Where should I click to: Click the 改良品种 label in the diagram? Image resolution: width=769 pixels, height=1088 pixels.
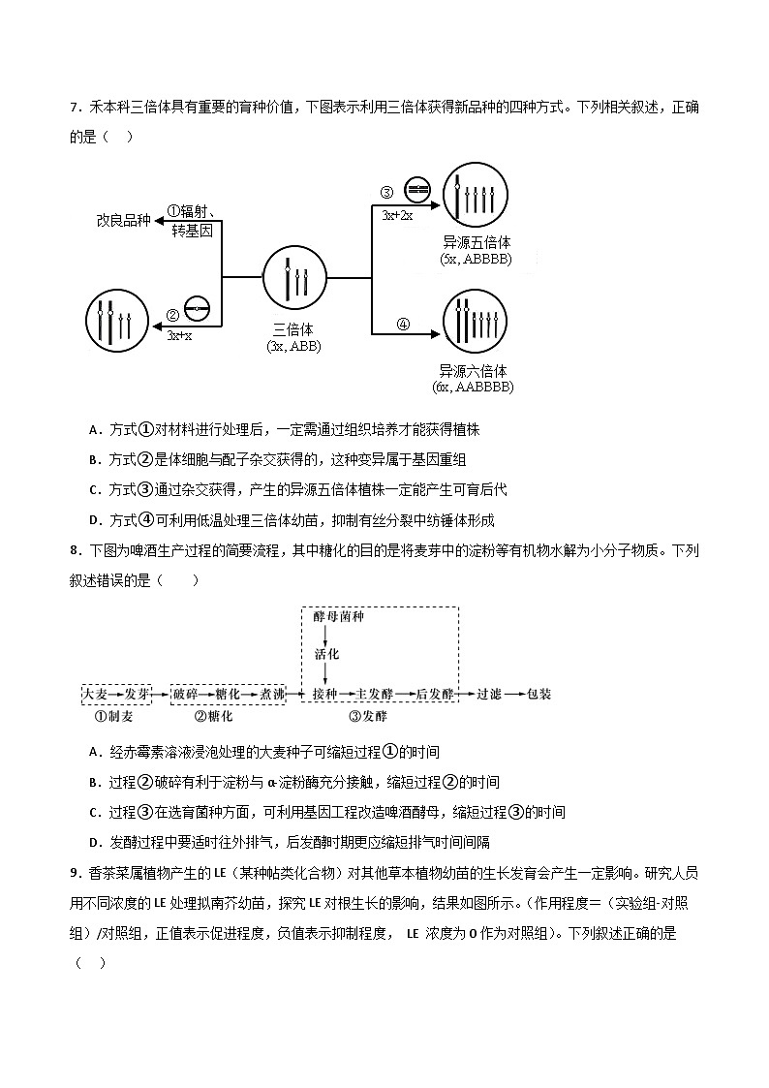pos(123,220)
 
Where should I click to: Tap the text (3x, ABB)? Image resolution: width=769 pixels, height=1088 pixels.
pos(293,346)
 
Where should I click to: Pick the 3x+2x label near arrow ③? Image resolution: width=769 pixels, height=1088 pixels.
pos(397,215)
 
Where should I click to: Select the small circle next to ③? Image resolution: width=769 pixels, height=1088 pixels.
pos(416,189)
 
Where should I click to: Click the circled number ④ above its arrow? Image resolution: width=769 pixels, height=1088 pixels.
pos(403,325)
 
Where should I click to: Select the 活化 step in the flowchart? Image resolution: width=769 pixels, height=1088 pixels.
pos(326,654)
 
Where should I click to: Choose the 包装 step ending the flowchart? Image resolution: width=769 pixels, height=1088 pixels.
pos(538,695)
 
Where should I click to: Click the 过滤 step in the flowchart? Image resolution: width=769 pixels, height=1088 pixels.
pos(488,695)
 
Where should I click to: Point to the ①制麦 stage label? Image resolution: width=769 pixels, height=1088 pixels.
pos(114,718)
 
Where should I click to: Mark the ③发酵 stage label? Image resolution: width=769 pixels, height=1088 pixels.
pos(367,718)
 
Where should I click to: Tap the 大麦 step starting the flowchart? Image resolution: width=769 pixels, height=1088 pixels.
pos(95,695)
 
